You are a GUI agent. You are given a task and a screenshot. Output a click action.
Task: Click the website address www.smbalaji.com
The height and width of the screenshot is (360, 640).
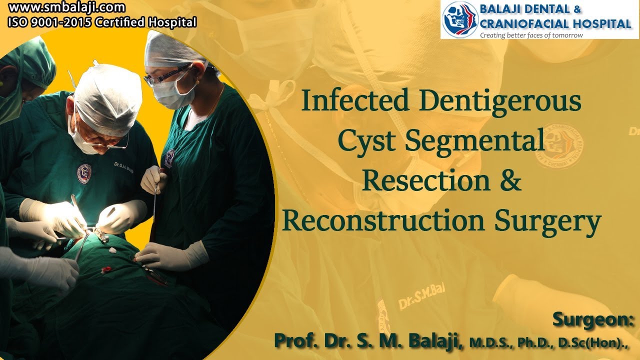(66, 8)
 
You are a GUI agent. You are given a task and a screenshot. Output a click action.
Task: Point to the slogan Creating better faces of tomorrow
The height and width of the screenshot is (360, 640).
(531, 35)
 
